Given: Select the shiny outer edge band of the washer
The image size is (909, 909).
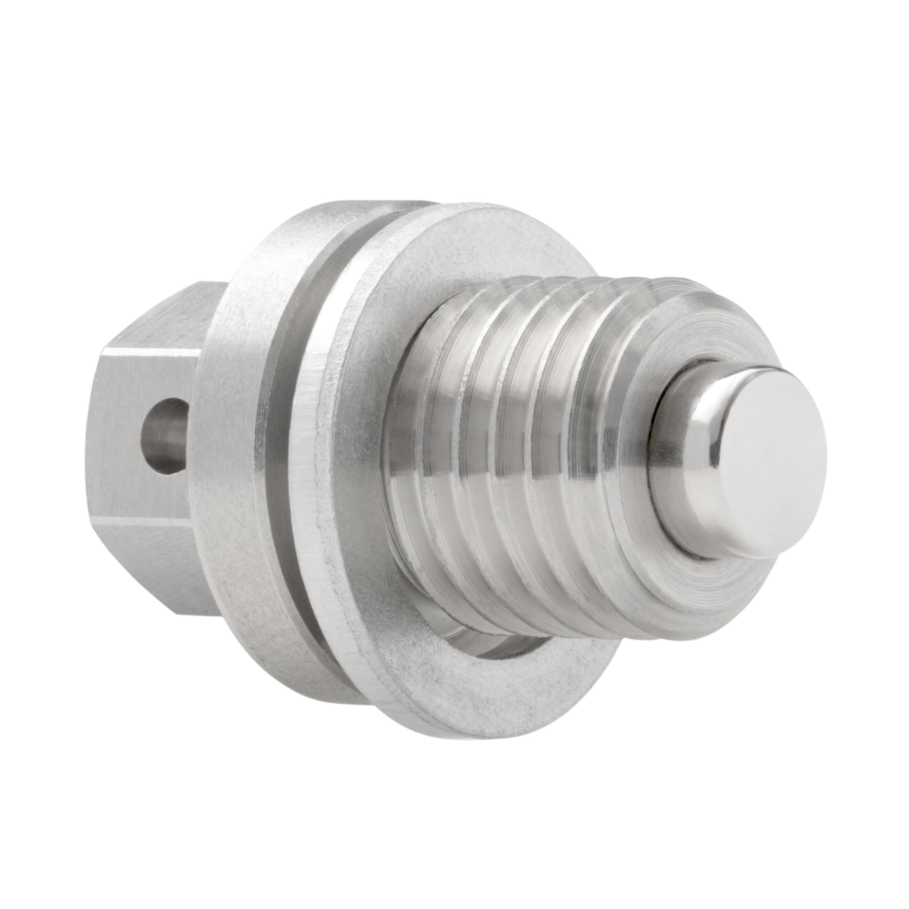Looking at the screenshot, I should [x=329, y=471].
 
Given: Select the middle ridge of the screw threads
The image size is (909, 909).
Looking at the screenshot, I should [x=527, y=452].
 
